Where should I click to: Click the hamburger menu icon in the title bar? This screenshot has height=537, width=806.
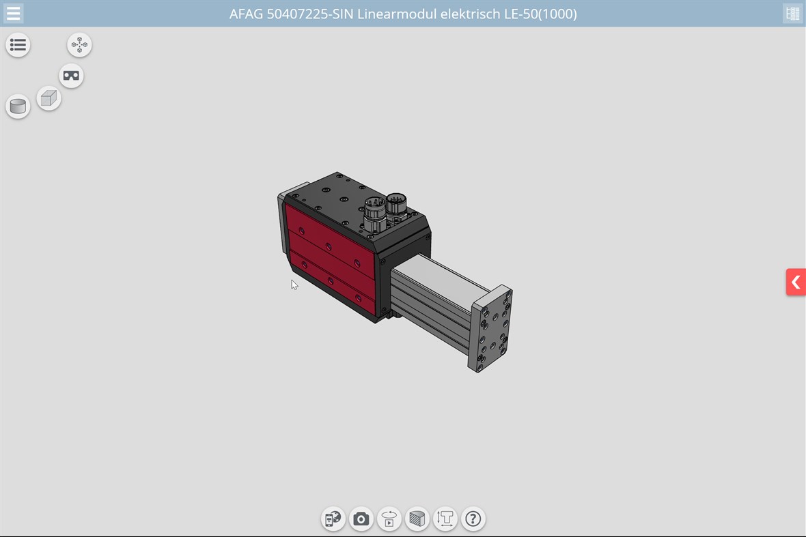click(13, 13)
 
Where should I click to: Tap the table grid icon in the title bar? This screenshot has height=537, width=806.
click(792, 13)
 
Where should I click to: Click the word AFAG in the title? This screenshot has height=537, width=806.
click(246, 14)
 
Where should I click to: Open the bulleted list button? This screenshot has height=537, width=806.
click(18, 45)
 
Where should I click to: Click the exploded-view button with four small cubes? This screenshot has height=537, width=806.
click(79, 45)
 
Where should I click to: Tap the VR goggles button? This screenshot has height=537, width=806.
click(71, 76)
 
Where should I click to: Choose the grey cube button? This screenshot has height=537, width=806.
click(48, 99)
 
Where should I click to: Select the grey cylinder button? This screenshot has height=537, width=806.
click(18, 106)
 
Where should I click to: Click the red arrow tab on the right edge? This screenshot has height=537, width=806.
click(795, 282)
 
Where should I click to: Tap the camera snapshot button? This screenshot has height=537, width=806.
click(361, 519)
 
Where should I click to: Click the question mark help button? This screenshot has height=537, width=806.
click(473, 519)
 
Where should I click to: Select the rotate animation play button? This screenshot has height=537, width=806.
click(389, 519)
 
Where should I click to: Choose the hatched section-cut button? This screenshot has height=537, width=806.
click(417, 519)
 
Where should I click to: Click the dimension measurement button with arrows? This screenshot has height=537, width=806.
click(445, 519)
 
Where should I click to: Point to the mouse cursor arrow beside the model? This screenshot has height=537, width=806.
click(294, 284)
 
